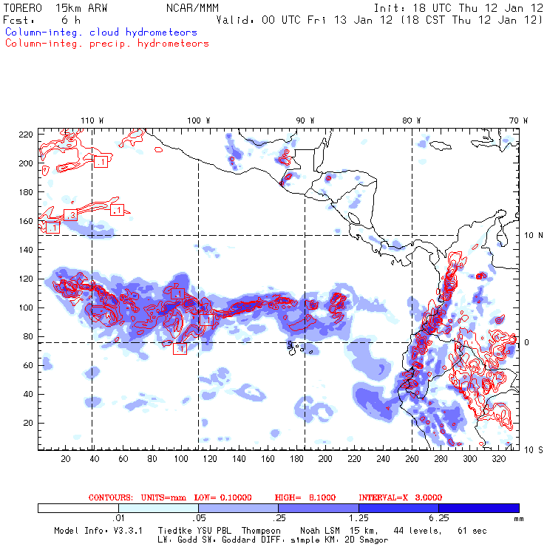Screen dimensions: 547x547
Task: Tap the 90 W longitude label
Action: point(305,120)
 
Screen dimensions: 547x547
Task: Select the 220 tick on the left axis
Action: point(26,135)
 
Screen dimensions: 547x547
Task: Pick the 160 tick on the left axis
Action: point(26,221)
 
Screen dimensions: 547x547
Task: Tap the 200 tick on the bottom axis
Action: point(325,459)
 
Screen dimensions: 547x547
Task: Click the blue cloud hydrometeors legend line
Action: point(101,33)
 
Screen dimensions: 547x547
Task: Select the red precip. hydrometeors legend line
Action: point(106,44)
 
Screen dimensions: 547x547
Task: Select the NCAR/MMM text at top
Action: point(193,7)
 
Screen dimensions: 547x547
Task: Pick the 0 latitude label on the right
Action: point(526,342)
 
